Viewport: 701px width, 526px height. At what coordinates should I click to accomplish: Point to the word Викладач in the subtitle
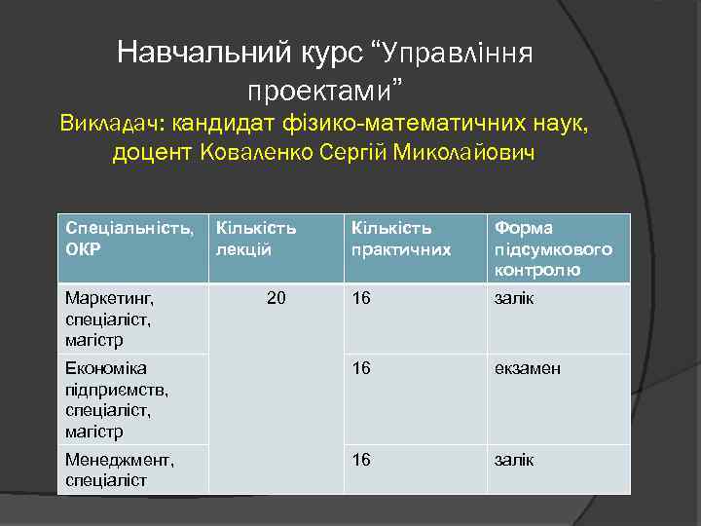[x=109, y=124]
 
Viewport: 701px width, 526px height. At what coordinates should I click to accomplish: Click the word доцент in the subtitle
[x=153, y=153]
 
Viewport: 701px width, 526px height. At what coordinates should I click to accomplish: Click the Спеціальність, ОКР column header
[x=129, y=238]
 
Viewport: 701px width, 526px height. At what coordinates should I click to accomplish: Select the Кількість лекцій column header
[x=256, y=238]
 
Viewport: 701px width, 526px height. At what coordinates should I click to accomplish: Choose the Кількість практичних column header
[x=402, y=238]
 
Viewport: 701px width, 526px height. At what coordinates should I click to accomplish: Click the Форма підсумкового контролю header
[x=553, y=248]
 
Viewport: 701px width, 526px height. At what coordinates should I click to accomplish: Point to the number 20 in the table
[x=277, y=298]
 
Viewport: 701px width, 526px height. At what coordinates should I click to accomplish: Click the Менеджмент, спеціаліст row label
[x=120, y=470]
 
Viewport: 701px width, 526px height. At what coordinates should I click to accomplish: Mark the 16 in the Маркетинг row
[x=361, y=298]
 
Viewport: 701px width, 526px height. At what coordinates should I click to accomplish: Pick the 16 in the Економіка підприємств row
[x=361, y=369]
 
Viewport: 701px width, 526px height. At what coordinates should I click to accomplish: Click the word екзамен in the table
[x=527, y=369]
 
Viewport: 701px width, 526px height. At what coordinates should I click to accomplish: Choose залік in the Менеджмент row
[x=513, y=460]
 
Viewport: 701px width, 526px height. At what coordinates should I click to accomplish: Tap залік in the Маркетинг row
[x=513, y=298]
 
